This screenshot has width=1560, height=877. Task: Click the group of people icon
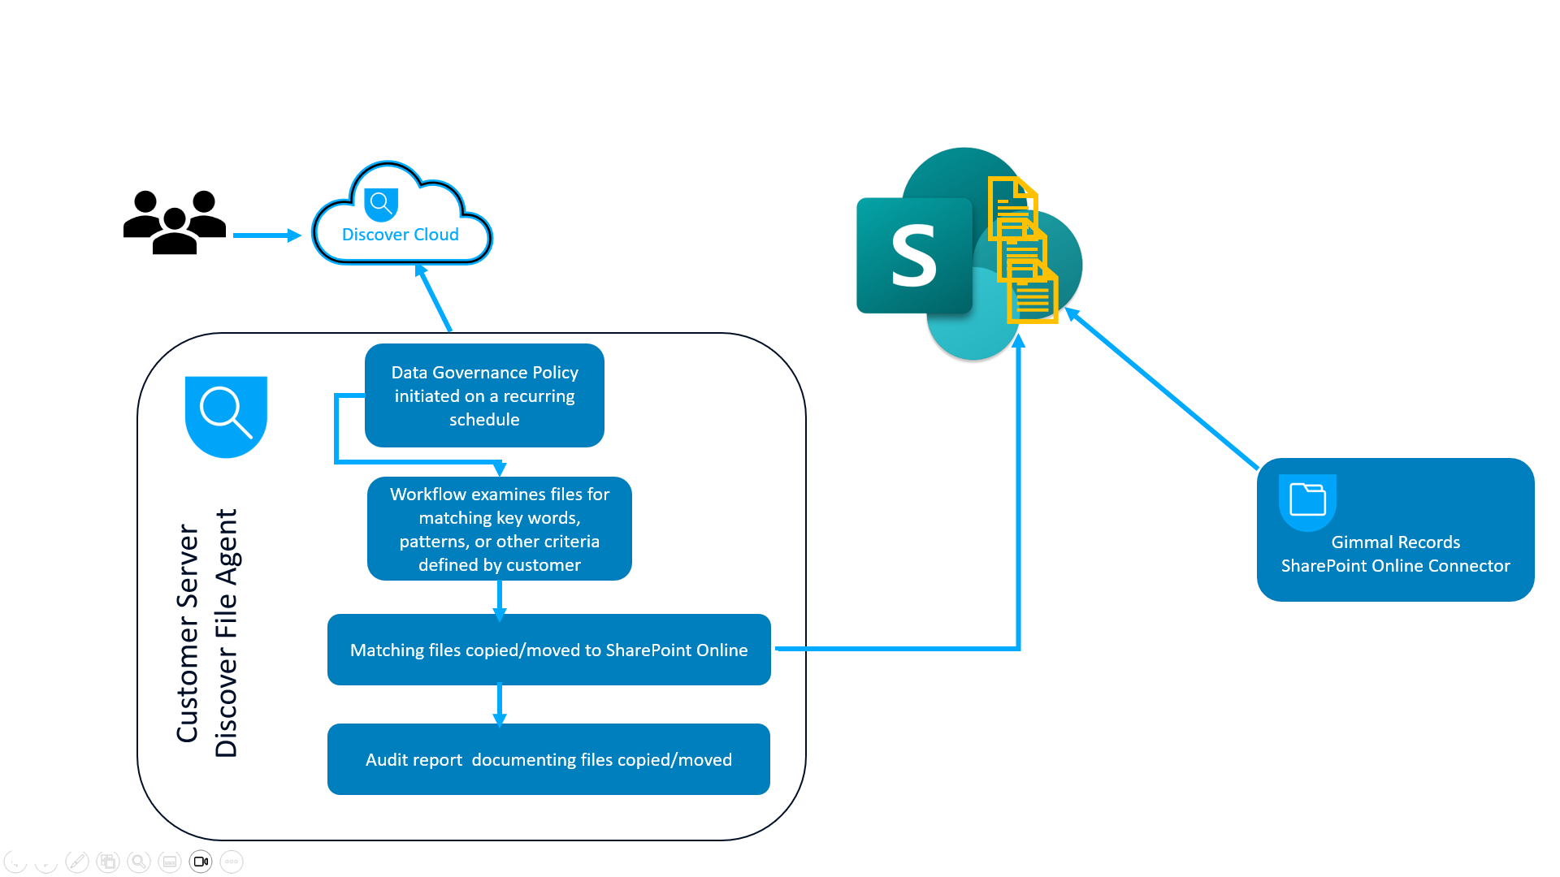tap(174, 222)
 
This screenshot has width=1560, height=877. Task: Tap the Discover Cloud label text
tap(400, 235)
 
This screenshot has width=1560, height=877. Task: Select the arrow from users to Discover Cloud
tap(266, 235)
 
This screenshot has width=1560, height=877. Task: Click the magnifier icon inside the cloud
tap(380, 204)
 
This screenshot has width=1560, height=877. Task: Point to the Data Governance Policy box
tap(484, 395)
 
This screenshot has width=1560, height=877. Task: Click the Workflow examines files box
tap(499, 529)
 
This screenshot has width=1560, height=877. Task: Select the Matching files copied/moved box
tap(548, 650)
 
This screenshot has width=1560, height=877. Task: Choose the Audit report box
tap(548, 759)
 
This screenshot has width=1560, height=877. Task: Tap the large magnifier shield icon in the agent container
tap(226, 414)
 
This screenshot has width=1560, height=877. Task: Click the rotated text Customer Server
tap(188, 633)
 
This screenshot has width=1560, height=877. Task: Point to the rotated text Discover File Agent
tap(226, 633)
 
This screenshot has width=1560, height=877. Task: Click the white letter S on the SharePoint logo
tap(914, 257)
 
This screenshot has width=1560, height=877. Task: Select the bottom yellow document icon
tap(1033, 297)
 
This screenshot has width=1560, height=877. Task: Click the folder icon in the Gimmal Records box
tap(1307, 499)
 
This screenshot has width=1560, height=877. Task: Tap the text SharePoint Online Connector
tap(1395, 566)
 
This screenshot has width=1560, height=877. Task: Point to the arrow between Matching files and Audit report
tap(500, 704)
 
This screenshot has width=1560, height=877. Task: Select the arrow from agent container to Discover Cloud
tap(435, 298)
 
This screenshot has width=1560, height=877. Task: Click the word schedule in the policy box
tap(484, 420)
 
